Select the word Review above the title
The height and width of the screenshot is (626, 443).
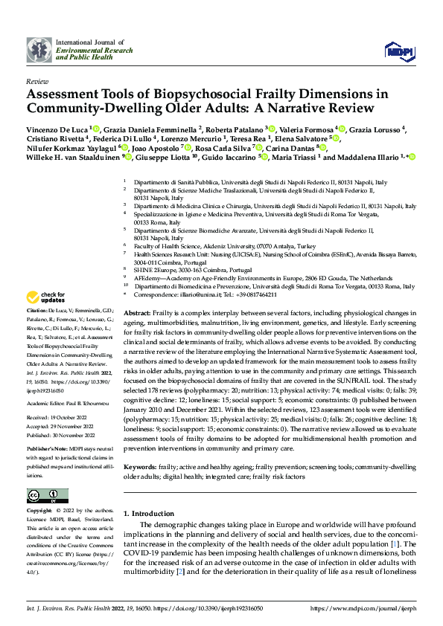(37, 81)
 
